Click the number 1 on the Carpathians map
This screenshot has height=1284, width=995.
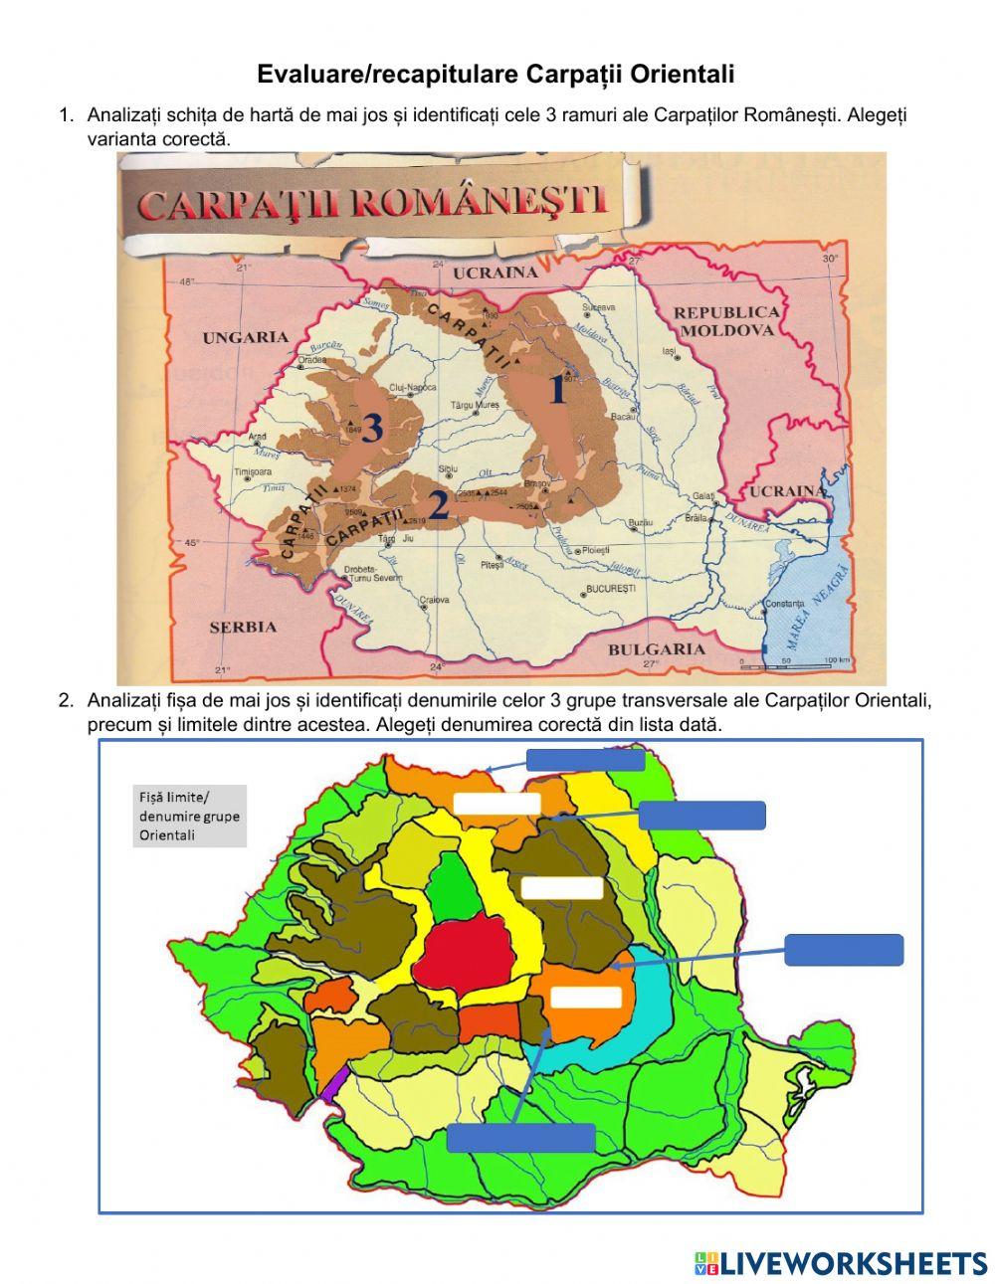pyautogui.click(x=557, y=391)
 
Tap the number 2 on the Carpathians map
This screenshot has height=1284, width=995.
pyautogui.click(x=439, y=505)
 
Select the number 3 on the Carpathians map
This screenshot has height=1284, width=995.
pyautogui.click(x=371, y=428)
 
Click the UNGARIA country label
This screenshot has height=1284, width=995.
pyautogui.click(x=245, y=337)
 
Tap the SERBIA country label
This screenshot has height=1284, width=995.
pyautogui.click(x=243, y=627)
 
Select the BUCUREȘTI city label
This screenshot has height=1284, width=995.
pyautogui.click(x=611, y=589)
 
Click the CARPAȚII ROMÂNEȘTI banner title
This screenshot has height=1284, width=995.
pyautogui.click(x=372, y=203)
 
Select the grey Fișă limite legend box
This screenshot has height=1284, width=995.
pyautogui.click(x=188, y=816)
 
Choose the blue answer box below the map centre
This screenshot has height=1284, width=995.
pyautogui.click(x=520, y=1137)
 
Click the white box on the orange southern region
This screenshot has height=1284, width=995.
pyautogui.click(x=586, y=997)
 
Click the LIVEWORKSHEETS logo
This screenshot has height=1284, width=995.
pyautogui.click(x=841, y=1263)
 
